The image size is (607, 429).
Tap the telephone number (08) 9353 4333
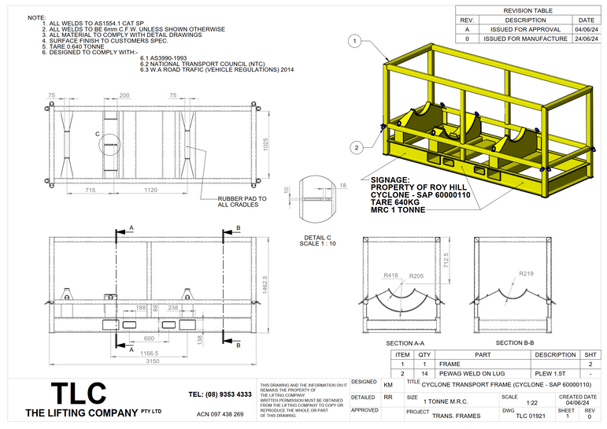[220, 394]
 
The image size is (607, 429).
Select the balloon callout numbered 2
[356, 146]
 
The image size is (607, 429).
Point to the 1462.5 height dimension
[266, 290]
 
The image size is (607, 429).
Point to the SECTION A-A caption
[405, 344]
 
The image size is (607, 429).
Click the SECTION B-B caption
[515, 343]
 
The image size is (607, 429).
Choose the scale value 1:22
[509, 401]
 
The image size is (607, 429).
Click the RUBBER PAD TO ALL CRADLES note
[242, 202]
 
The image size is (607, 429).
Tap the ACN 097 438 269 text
[220, 413]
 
